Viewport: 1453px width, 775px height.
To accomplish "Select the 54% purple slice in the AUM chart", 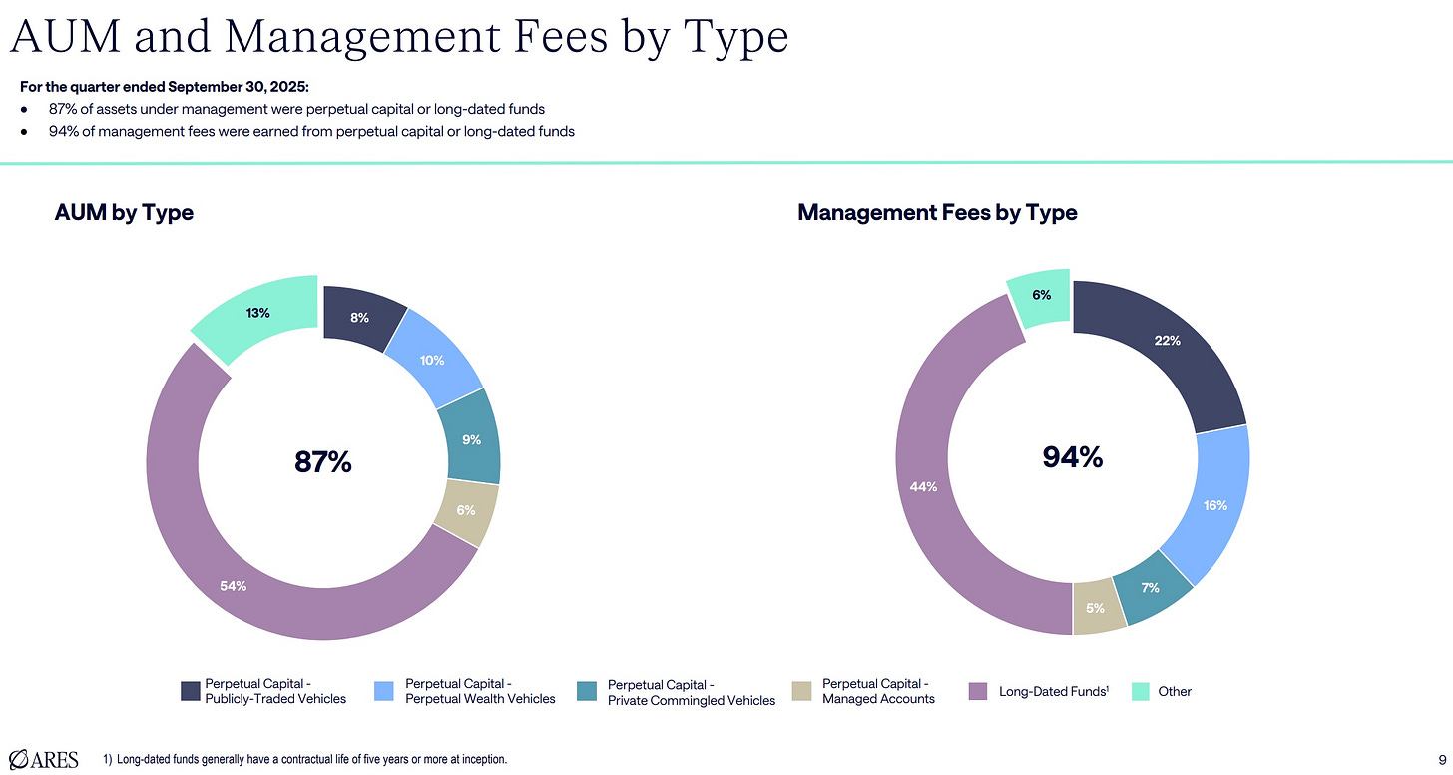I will point(235,586).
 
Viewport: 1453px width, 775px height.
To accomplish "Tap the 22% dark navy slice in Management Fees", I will point(1168,341).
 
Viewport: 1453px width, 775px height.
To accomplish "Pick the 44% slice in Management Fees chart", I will point(923,487).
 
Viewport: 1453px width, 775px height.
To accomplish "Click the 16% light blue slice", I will point(1214,505).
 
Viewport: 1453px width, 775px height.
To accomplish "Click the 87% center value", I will point(322,462).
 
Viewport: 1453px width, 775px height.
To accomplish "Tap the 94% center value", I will point(1072,457).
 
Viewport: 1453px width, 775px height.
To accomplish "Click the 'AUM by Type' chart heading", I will point(124,212).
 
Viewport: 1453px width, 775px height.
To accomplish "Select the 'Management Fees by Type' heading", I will point(937,212).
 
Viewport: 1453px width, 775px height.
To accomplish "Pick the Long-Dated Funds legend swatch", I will point(979,691).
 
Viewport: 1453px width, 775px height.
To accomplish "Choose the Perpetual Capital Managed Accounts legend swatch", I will point(801,691).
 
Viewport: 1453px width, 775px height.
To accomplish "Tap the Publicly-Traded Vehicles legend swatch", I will point(190,691).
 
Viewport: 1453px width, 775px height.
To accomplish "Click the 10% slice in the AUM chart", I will point(432,360).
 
